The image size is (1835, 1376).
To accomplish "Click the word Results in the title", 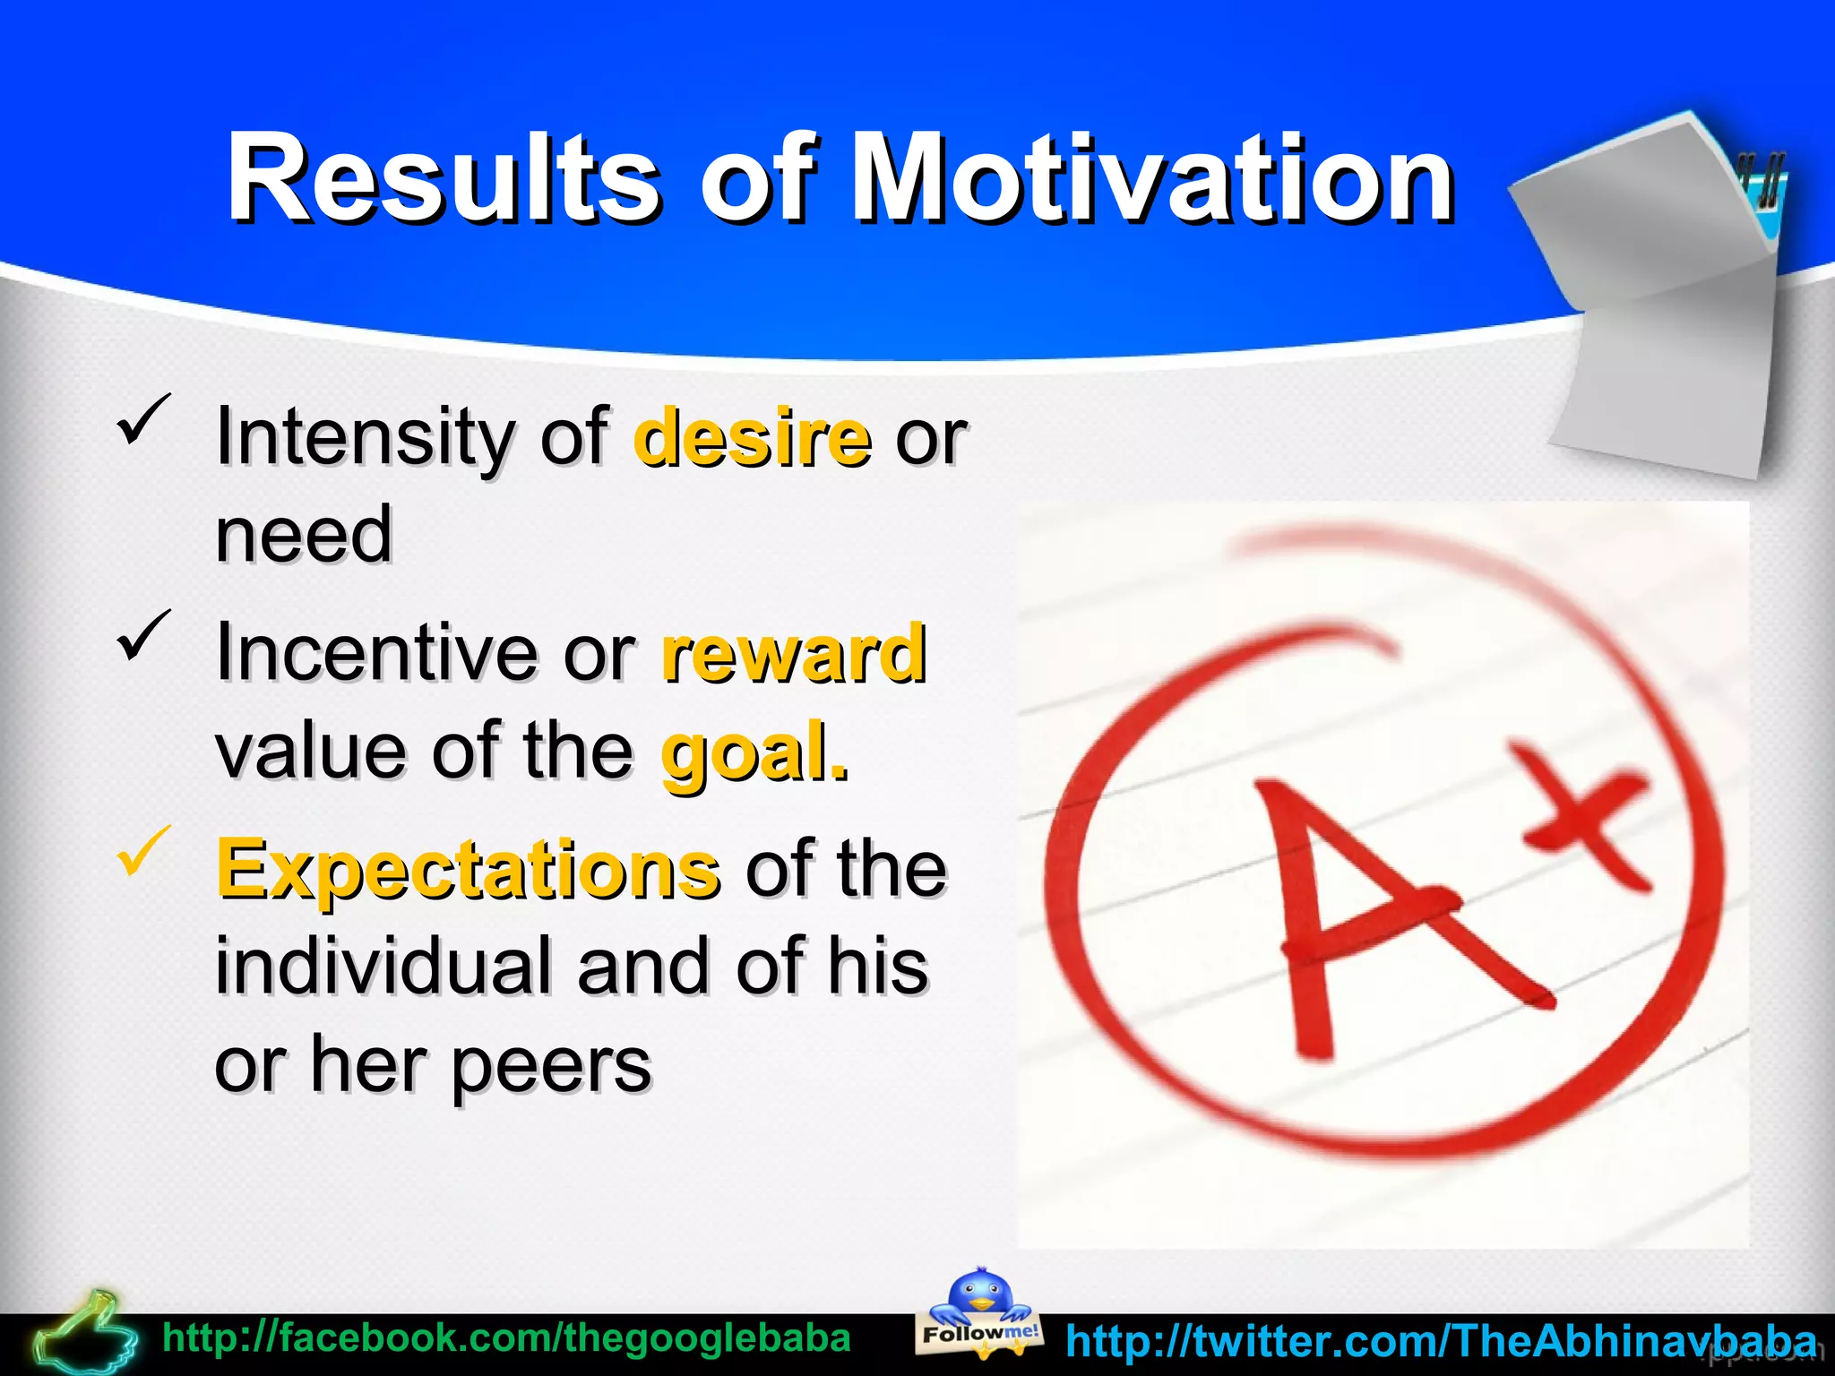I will point(444,179).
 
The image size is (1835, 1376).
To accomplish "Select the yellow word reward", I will point(794,654).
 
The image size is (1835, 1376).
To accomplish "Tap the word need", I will point(305,537).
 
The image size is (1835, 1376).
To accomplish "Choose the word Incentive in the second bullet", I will point(376,654).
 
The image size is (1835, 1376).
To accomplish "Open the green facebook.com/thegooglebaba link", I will point(506,1339).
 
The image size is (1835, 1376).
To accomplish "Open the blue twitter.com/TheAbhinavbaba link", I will point(1441,1341).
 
